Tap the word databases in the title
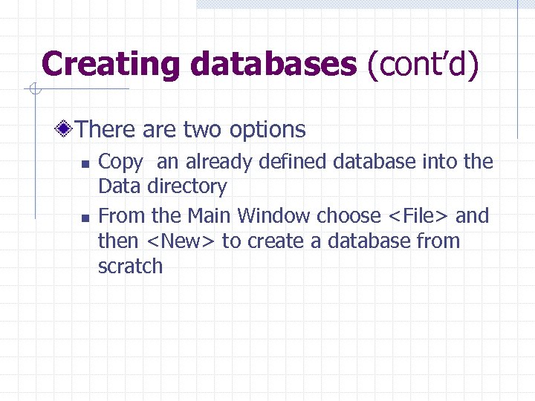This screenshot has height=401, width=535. pyautogui.click(x=273, y=64)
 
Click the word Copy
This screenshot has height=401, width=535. pyautogui.click(x=120, y=162)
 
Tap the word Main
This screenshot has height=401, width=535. pyautogui.click(x=210, y=216)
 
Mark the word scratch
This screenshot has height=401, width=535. pyautogui.click(x=130, y=267)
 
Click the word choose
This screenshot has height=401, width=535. pyautogui.click(x=348, y=216)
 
